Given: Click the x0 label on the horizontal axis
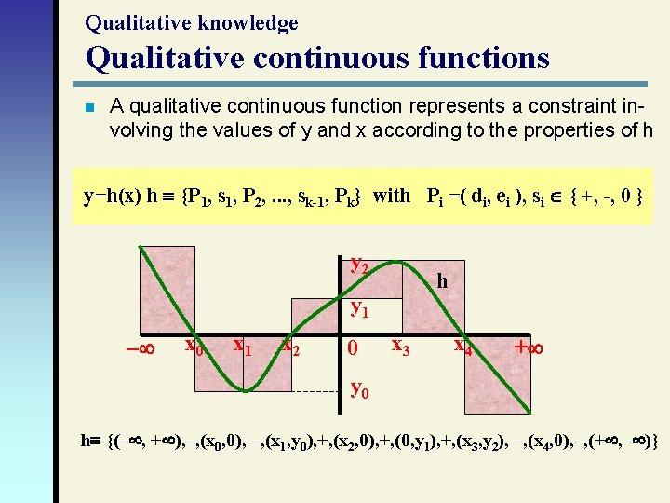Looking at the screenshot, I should [x=194, y=347].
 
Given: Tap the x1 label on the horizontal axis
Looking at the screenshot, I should [x=243, y=347].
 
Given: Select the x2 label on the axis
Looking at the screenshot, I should [x=291, y=347].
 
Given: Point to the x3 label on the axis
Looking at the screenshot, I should [x=401, y=347].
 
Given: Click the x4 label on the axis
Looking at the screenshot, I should [x=462, y=347].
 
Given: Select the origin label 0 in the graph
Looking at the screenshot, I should [x=352, y=349].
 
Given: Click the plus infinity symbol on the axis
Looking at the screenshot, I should [x=529, y=348].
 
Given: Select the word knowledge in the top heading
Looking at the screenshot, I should [x=250, y=22].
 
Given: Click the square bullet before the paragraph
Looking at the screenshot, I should [x=89, y=108].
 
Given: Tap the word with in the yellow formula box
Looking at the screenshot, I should [x=391, y=196].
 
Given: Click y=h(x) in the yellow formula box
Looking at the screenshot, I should [x=113, y=196].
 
